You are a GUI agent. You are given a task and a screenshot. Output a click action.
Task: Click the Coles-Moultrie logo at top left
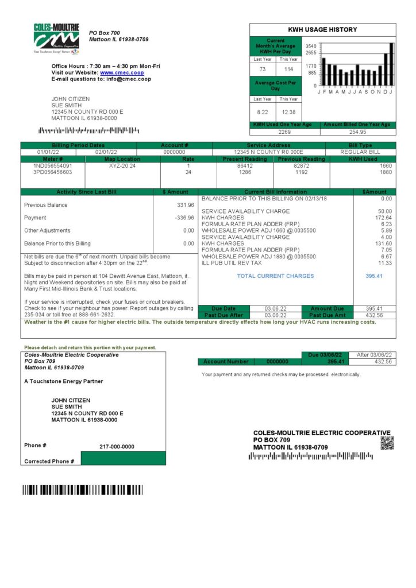click(56, 38)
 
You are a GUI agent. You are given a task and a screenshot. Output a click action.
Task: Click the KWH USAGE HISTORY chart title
click(322, 29)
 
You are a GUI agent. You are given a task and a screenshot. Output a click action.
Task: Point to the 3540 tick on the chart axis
click(311, 46)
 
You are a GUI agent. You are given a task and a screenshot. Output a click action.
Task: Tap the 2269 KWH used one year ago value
click(284, 131)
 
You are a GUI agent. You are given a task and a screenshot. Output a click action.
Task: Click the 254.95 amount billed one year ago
click(357, 131)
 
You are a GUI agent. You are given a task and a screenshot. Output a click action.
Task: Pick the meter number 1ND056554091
click(52, 165)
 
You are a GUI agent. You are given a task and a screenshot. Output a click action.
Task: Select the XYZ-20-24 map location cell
click(122, 165)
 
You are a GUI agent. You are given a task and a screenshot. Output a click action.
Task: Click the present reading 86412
click(245, 165)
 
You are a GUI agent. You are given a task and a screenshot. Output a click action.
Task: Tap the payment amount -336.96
click(184, 218)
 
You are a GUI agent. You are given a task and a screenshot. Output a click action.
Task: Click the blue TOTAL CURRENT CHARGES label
click(275, 276)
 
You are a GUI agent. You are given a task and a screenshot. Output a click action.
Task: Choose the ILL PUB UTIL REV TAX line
click(232, 263)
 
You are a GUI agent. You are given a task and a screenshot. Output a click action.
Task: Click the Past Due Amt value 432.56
click(374, 315)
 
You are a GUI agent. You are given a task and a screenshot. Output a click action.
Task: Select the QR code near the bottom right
click(387, 443)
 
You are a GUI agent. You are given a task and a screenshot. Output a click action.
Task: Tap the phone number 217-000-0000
click(117, 446)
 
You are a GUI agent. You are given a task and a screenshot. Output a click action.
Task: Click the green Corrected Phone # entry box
click(123, 458)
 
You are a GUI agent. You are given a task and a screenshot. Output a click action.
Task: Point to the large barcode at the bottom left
click(83, 490)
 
